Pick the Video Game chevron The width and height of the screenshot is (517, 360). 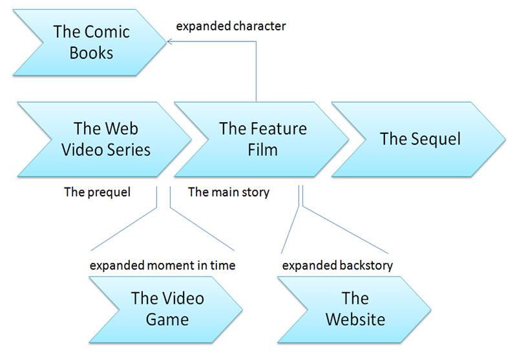click(167, 309)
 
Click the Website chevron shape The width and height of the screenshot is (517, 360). click(355, 309)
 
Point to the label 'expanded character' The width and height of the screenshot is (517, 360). click(231, 27)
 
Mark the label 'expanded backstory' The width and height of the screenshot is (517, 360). click(338, 265)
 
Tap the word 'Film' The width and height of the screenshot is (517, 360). click(262, 150)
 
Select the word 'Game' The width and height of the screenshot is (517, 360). click(167, 319)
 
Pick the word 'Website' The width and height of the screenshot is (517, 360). click(355, 319)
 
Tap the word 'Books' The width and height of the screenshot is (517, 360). click(91, 52)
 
